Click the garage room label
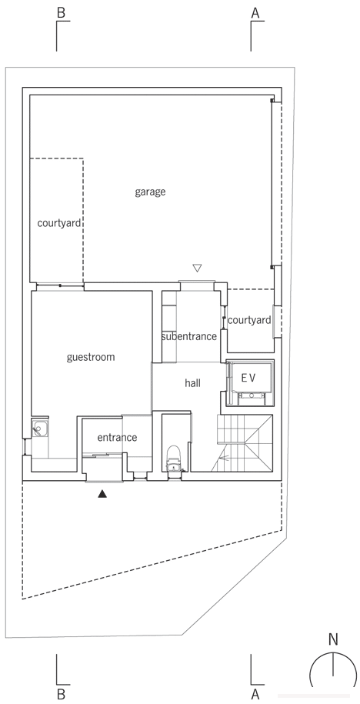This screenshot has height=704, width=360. click(x=150, y=192)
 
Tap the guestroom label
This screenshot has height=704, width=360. click(x=91, y=358)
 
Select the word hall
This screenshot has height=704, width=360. click(x=192, y=383)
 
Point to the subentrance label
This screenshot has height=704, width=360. click(x=189, y=336)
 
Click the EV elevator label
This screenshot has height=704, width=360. click(x=248, y=378)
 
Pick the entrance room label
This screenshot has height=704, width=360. click(x=117, y=437)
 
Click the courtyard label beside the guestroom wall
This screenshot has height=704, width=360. click(x=59, y=223)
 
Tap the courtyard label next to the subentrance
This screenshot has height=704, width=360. click(x=249, y=321)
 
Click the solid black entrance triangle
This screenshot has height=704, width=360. click(x=103, y=494)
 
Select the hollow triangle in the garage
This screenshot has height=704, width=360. click(x=197, y=268)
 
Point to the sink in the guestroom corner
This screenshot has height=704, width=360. click(x=39, y=430)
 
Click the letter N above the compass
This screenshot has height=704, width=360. click(x=333, y=639)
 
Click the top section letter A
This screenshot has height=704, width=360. click(x=255, y=13)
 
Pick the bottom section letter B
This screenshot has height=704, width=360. click(x=61, y=694)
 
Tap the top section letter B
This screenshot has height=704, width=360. click(x=61, y=13)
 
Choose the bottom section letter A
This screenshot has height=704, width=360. click(x=255, y=694)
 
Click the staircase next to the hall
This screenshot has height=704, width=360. click(x=245, y=443)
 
